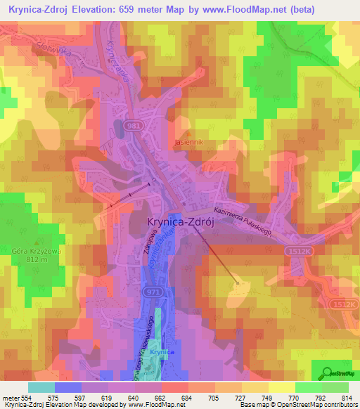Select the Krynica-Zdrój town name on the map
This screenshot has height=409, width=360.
pos(179,221)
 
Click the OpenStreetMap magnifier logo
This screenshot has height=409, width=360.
pos(326,372)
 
